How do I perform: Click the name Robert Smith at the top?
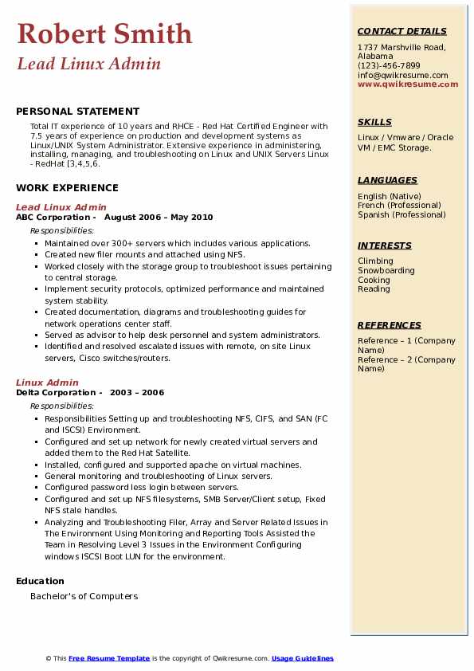[x=104, y=33]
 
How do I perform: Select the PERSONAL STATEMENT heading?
[x=77, y=112]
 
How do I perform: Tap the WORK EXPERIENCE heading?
[x=67, y=188]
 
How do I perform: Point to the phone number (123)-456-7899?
[x=389, y=66]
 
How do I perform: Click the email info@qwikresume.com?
[x=402, y=75]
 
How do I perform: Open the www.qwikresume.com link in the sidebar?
[x=408, y=84]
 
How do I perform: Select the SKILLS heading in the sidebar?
[x=374, y=122]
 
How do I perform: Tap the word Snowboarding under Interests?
[x=386, y=271]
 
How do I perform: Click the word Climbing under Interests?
[x=375, y=261]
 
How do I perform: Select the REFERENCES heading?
[x=390, y=325]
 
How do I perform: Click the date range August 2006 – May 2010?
[x=159, y=217]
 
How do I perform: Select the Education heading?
[x=40, y=581]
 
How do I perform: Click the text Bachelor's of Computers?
[x=84, y=596]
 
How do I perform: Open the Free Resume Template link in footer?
[x=109, y=658]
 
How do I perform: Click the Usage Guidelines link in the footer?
[x=302, y=658]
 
